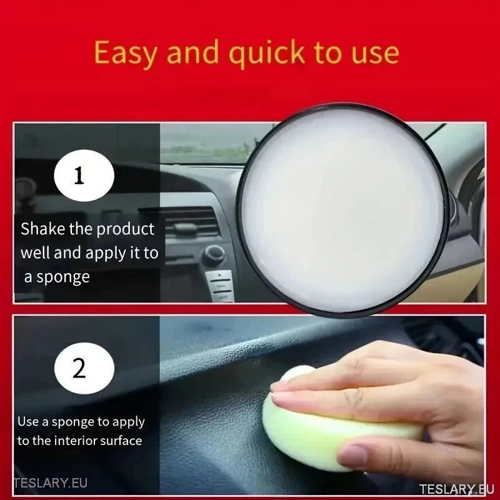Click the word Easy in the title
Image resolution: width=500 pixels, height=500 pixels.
coord(126,54)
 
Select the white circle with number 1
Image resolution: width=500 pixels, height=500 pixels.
coord(79,176)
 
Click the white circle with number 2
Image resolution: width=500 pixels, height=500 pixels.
coord(79,368)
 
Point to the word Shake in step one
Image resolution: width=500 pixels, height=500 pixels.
coord(42,229)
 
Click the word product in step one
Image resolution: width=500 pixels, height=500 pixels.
coord(125,229)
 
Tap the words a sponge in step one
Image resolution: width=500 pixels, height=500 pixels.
coord(57,276)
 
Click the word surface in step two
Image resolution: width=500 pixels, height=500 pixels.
coord(124,441)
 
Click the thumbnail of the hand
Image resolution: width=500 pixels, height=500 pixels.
coord(354,457)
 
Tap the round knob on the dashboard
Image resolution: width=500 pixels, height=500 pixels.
coord(214,254)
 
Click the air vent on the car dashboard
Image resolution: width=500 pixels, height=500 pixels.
coord(187,222)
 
